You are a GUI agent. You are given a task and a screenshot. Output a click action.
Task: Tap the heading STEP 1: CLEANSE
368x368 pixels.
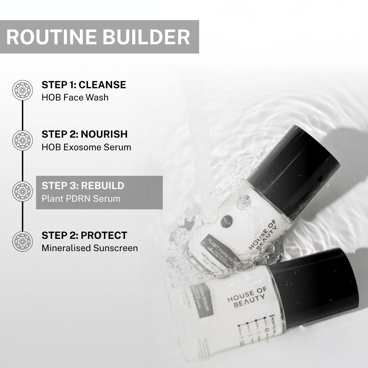point(84,85)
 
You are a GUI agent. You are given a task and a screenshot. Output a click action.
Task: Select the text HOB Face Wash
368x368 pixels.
point(75,97)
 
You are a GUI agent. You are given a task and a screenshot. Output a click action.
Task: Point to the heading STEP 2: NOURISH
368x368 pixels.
point(85,134)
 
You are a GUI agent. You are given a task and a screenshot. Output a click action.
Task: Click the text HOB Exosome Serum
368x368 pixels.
point(86,147)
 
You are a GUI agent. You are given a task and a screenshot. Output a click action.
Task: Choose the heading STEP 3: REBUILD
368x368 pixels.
point(83,186)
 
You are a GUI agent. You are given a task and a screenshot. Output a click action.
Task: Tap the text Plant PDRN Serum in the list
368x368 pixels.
point(81,198)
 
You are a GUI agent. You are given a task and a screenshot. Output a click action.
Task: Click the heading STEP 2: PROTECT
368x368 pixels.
point(84,235)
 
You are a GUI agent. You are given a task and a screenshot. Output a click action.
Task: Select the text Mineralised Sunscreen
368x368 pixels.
point(90,248)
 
